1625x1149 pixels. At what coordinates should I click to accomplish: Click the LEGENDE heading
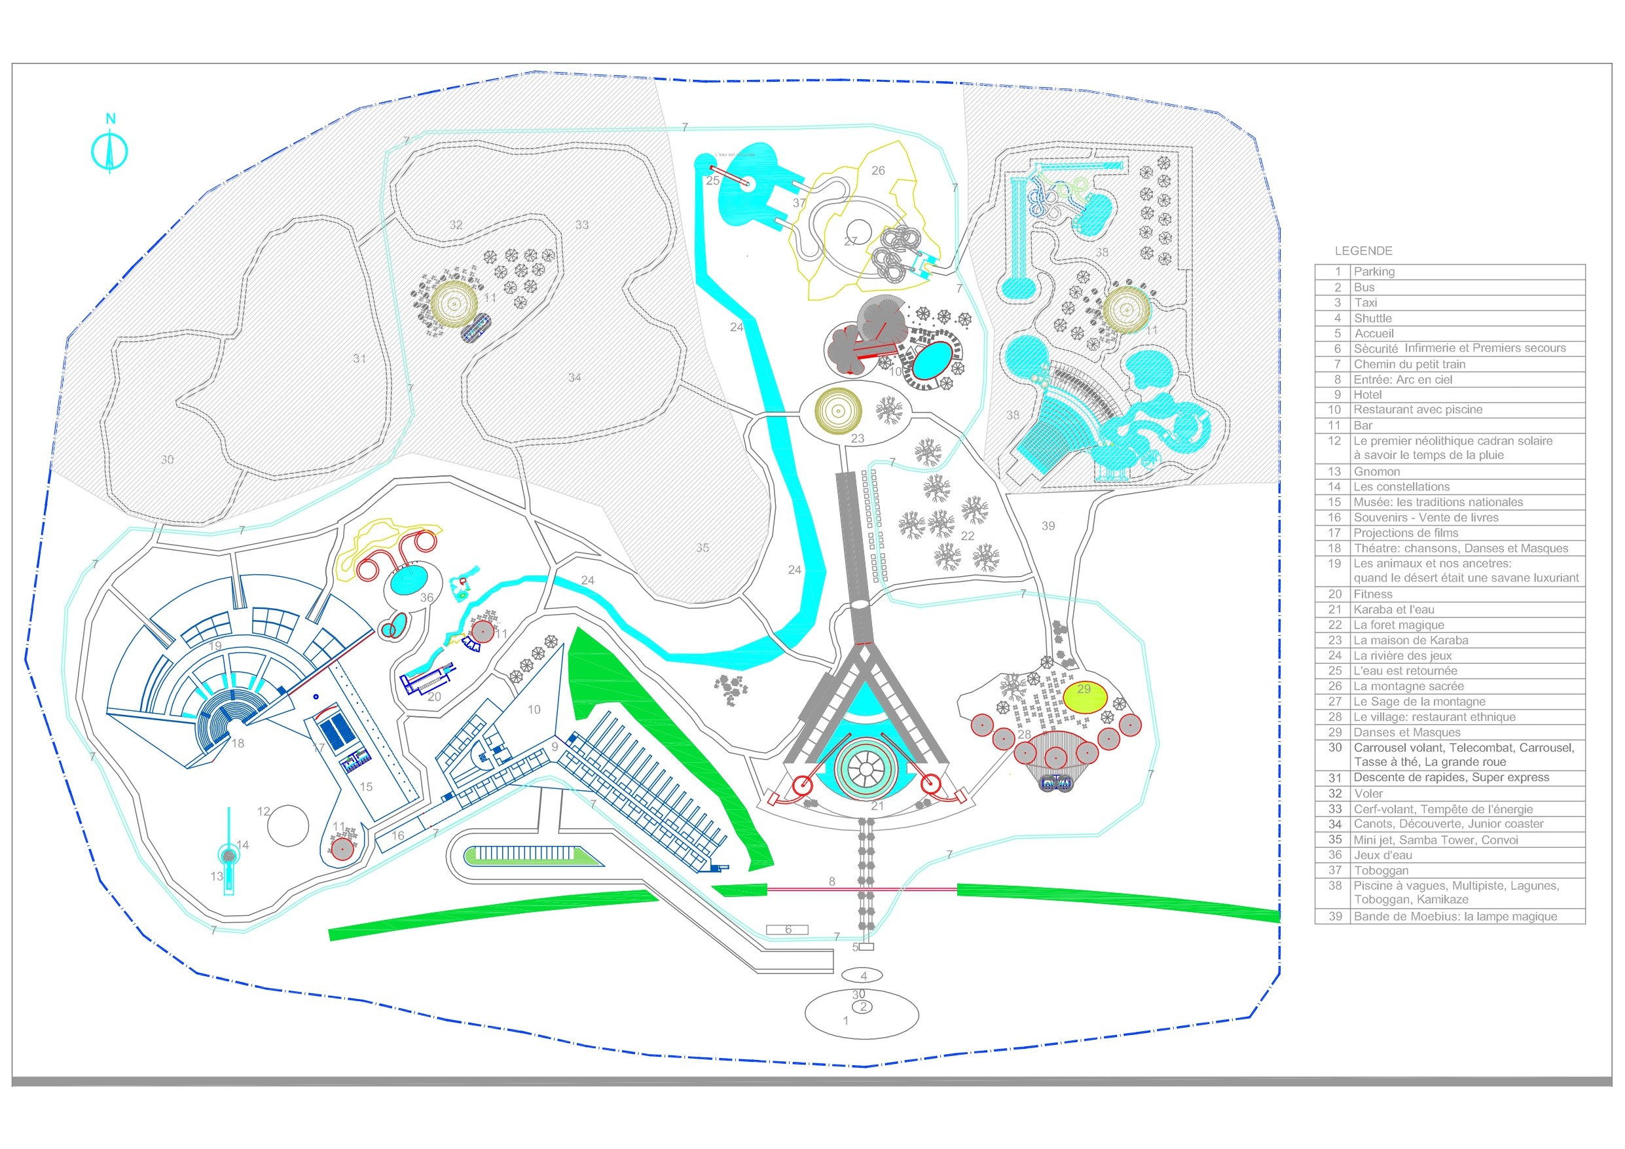pos(1363,251)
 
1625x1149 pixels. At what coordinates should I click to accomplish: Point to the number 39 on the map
pos(1048,525)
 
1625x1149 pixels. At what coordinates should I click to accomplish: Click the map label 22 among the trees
pos(968,536)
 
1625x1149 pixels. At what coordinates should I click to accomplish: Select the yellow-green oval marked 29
pos(1086,697)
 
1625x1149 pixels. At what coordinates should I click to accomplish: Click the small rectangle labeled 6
pos(787,930)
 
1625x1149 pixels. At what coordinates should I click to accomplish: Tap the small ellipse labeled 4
pos(863,975)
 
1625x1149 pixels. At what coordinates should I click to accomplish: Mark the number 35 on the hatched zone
pos(702,547)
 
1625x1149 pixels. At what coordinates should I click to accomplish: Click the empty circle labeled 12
pos(288,826)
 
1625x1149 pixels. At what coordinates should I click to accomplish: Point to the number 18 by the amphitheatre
pos(238,743)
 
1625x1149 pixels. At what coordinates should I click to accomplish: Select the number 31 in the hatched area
pos(359,358)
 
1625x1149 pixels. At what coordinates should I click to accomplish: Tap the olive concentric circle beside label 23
pos(838,410)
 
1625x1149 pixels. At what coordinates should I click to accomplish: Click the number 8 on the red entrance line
pos(832,881)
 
